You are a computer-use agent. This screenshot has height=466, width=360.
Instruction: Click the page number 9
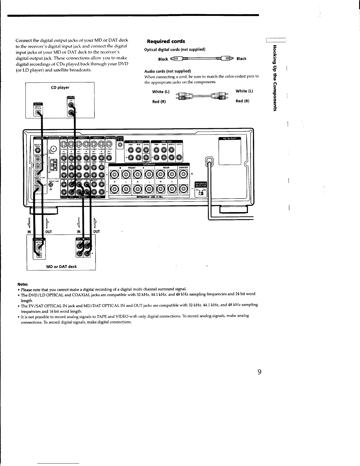[259, 372]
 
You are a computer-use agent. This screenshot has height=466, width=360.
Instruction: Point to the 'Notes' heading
[23, 284]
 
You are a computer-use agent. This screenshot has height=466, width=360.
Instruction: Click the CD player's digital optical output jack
[38, 112]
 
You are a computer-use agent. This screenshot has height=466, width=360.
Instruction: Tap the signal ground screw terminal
[51, 185]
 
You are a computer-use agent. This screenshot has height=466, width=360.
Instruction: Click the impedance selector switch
[201, 193]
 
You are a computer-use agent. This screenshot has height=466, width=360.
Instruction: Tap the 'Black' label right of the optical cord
[241, 59]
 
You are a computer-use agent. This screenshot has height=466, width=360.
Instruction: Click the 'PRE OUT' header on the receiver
[166, 141]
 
